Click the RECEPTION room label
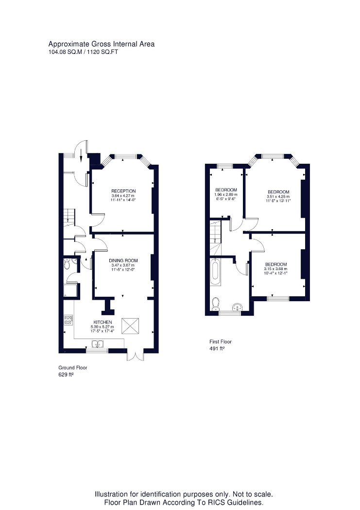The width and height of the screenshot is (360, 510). pyautogui.click(x=123, y=191)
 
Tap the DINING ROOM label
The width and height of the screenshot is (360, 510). pyautogui.click(x=123, y=260)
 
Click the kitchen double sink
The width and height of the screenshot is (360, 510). pyautogui.click(x=97, y=343)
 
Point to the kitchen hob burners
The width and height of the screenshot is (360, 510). pyautogui.click(x=68, y=320)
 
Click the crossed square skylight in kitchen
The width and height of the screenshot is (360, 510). pyautogui.click(x=130, y=326)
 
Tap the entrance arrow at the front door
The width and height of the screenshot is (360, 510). pyautogui.click(x=81, y=156)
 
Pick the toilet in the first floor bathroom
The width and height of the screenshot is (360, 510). pyautogui.click(x=215, y=304)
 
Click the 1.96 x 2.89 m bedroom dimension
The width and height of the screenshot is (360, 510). pyautogui.click(x=226, y=194)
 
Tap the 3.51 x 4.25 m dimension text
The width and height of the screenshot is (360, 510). pyautogui.click(x=278, y=196)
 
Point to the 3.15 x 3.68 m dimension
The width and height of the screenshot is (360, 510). pyautogui.click(x=276, y=269)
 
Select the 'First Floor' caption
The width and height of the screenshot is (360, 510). pyautogui.click(x=221, y=341)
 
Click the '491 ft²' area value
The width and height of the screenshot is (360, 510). pyautogui.click(x=217, y=348)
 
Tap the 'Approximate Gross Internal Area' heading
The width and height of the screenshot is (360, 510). pyautogui.click(x=102, y=44)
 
